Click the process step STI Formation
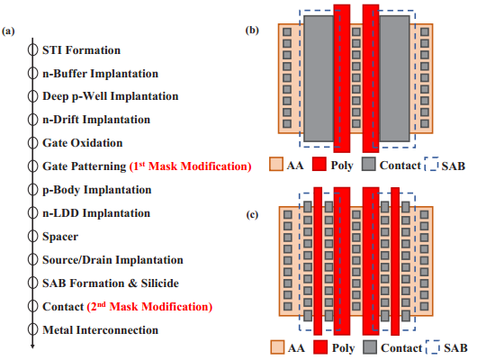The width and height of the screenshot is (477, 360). [x=81, y=50]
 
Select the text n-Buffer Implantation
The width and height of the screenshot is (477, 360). [x=101, y=74]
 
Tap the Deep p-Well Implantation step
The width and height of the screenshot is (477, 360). [x=110, y=96]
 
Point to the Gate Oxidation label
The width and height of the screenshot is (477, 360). [x=83, y=143]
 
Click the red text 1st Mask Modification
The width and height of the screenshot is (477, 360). [x=191, y=166]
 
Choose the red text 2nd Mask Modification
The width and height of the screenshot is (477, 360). [x=149, y=306]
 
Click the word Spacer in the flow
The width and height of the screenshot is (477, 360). [x=60, y=237]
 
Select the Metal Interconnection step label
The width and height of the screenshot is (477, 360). [x=101, y=330]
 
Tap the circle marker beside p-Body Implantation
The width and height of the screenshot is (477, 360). [x=32, y=190]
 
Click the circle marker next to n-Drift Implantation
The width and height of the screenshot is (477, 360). [x=32, y=120]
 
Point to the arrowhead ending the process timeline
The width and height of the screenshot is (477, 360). [x=32, y=346]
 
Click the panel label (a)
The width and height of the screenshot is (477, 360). [x=8, y=31]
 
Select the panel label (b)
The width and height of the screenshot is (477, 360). [x=252, y=31]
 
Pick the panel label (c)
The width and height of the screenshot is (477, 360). [x=252, y=215]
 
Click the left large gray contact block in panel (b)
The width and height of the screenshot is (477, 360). [x=319, y=78]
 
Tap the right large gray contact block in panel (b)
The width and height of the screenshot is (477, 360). [x=394, y=78]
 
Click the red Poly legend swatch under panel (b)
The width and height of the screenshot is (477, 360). [x=319, y=164]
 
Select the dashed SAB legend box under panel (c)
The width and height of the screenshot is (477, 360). [x=432, y=346]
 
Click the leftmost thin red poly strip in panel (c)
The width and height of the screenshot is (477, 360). [x=318, y=261]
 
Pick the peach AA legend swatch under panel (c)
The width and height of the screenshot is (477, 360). [x=277, y=347]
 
